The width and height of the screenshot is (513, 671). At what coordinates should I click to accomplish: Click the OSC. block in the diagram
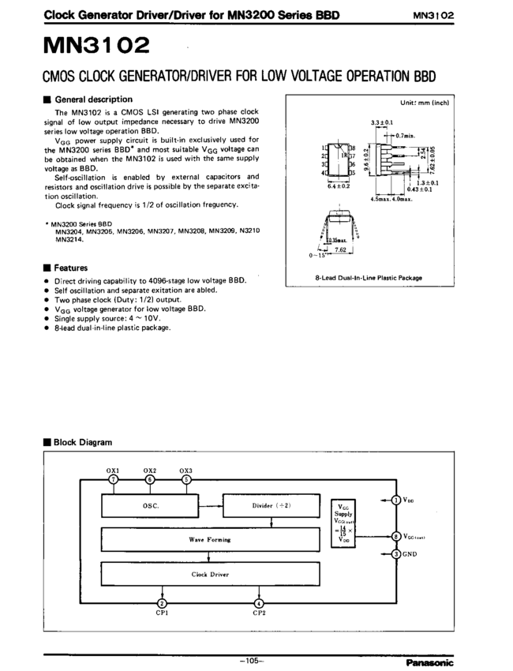tap(151, 506)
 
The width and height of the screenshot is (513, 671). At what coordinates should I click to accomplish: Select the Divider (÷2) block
tap(272, 506)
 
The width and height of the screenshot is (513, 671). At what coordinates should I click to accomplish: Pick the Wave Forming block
tap(209, 540)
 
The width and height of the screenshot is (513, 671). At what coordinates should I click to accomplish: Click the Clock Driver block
tap(209, 574)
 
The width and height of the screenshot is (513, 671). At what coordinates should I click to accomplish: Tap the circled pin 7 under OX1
tap(114, 479)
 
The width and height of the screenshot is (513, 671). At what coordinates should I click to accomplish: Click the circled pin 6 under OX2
tap(151, 479)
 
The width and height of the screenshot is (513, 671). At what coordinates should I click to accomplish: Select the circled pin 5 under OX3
tap(186, 479)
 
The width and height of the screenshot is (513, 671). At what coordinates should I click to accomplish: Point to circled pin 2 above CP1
tap(162, 604)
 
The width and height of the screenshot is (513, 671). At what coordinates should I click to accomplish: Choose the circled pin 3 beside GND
tap(396, 553)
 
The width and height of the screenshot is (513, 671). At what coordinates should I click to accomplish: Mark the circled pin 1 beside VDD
tap(396, 500)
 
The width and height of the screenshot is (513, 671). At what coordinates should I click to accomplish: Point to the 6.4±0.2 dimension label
tap(339, 187)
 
